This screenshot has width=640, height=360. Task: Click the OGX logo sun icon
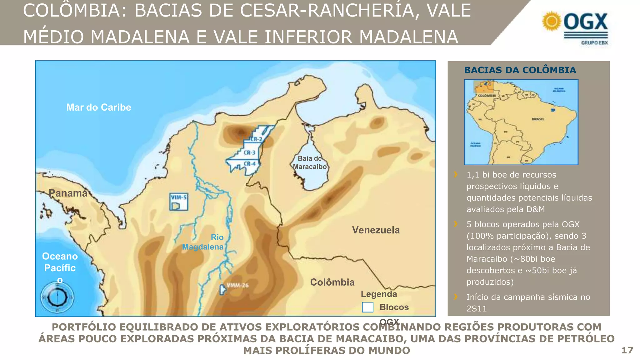[552, 21]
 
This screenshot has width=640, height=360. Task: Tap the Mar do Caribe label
[99, 107]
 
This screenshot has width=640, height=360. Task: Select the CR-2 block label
[256, 139]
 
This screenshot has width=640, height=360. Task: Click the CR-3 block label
[249, 153]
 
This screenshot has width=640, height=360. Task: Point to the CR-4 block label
[249, 164]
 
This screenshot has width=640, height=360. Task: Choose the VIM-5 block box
[179, 202]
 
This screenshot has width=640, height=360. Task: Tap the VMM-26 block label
[237, 285]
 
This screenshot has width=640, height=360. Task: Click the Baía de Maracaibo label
[310, 162]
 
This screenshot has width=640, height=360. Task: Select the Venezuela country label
[376, 230]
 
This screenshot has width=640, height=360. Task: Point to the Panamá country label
[68, 193]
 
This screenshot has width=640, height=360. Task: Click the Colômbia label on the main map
[332, 282]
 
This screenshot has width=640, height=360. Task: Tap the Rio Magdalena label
[203, 242]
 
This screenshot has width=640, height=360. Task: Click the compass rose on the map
[57, 297]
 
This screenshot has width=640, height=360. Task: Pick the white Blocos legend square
[367, 307]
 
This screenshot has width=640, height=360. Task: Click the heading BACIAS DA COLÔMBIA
[520, 70]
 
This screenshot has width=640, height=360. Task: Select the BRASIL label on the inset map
[538, 119]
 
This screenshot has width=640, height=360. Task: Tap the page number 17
[627, 350]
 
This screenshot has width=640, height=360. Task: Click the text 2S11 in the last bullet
[477, 309]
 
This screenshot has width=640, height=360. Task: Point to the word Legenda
[379, 294]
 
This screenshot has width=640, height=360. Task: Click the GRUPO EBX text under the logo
[594, 43]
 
